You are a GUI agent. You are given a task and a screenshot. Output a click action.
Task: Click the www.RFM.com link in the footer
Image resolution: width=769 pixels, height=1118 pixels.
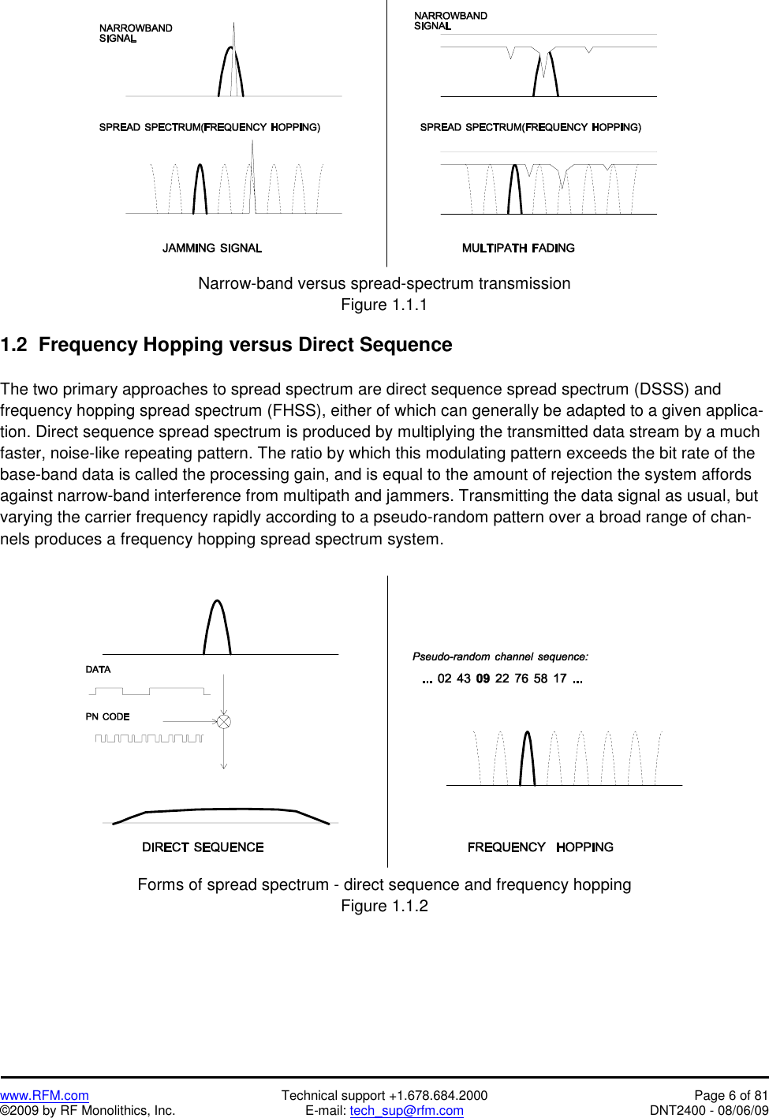[44, 1095]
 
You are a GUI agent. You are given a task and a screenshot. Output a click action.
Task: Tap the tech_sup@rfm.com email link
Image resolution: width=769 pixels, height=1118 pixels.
[406, 1111]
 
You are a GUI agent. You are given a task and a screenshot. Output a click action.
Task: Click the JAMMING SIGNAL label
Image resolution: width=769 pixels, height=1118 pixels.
[211, 248]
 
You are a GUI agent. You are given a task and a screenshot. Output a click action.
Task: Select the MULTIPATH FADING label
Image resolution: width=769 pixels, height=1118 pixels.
[518, 248]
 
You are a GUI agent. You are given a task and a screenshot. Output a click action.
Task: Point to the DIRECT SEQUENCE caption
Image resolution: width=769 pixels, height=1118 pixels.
[203, 847]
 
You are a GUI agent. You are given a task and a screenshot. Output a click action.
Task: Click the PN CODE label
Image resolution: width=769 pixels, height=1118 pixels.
[107, 716]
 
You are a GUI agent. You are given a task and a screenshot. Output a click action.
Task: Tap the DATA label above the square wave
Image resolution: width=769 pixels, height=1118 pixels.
[98, 669]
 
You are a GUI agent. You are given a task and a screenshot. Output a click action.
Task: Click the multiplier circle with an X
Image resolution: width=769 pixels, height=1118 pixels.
[224, 721]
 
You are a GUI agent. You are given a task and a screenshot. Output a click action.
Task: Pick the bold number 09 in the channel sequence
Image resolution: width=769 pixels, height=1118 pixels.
[483, 679]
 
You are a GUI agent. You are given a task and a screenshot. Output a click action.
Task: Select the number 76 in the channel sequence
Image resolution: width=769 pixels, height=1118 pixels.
[521, 679]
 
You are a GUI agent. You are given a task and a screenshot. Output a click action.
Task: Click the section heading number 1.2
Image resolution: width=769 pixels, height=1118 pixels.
[13, 345]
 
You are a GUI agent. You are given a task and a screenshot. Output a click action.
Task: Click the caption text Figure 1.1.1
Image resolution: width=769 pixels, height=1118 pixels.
[384, 305]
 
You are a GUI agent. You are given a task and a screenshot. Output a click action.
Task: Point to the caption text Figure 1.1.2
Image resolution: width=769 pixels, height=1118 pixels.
[384, 906]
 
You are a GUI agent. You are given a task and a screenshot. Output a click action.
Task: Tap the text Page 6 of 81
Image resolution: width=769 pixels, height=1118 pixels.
[730, 1095]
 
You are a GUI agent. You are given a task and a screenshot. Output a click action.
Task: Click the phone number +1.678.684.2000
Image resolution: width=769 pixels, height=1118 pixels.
[438, 1095]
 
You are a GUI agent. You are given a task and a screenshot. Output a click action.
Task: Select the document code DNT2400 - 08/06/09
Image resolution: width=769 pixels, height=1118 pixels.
[708, 1111]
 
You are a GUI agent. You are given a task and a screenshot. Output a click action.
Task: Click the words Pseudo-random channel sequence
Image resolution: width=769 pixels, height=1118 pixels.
[500, 656]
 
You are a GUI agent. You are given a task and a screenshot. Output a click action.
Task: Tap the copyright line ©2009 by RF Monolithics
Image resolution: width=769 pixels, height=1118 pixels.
[88, 1111]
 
